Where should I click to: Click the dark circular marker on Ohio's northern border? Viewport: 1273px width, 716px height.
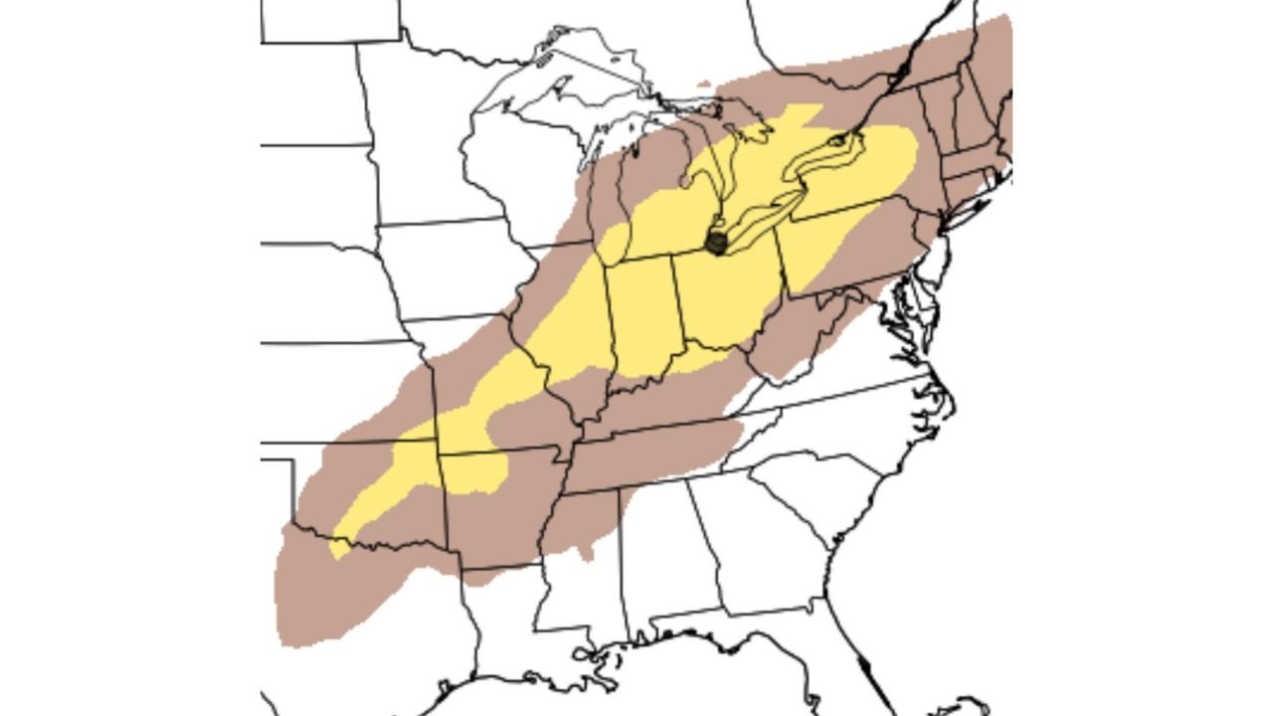[715, 241]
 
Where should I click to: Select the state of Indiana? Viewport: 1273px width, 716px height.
[640, 318]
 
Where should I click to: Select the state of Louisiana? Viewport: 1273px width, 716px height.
[507, 617]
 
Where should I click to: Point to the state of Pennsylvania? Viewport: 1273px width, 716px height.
[855, 239]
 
